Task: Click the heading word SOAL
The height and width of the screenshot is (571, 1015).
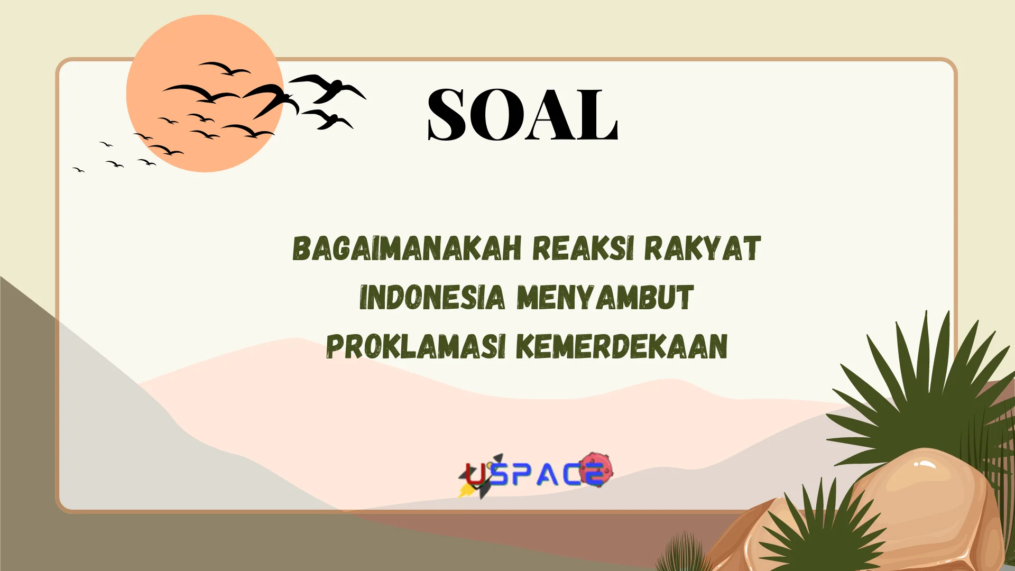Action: tap(522, 114)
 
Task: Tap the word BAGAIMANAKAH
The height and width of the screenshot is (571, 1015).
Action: tap(407, 248)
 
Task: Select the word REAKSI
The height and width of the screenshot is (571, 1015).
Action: tap(583, 248)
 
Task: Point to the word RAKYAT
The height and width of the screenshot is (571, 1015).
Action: tap(702, 248)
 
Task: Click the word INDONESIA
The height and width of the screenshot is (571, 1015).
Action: tap(432, 297)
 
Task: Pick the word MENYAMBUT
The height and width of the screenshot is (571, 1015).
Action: tap(605, 297)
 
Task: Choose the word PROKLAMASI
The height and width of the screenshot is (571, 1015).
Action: tap(416, 346)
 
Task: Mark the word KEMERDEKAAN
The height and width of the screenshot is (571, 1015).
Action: tap(622, 346)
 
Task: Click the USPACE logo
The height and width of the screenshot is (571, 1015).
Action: tap(536, 474)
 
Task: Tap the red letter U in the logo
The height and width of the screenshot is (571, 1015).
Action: tap(476, 474)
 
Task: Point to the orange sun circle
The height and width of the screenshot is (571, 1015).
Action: tap(205, 93)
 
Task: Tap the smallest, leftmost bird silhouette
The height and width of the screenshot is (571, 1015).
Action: tap(78, 170)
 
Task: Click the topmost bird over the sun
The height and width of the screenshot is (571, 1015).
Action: tap(224, 68)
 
